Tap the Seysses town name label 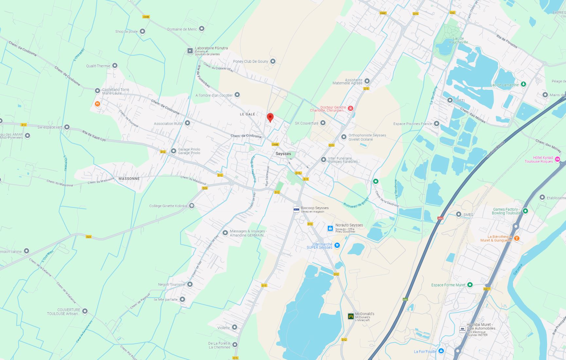(283, 154)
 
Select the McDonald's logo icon (351, 316)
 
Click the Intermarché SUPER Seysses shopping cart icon (337, 245)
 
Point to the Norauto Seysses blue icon (330, 228)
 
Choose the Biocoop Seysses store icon (296, 210)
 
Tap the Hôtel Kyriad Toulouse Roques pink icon (557, 159)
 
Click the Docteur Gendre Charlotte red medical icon (350, 108)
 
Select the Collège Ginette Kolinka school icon (192, 206)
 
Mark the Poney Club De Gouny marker (273, 61)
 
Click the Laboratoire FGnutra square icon (190, 51)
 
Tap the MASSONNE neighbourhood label (129, 179)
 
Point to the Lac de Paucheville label (458, 40)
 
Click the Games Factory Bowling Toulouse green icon (525, 211)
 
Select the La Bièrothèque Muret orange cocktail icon (517, 238)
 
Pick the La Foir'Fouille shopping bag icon (441, 351)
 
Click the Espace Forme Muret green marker (470, 285)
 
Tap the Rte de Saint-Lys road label (94, 136)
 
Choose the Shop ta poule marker (142, 31)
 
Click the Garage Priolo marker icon (173, 151)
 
